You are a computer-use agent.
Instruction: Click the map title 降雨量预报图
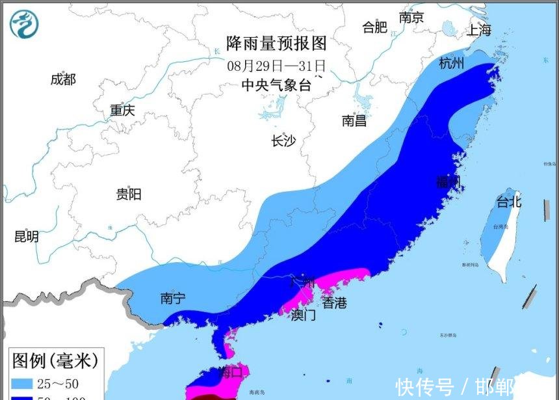(x=276, y=44)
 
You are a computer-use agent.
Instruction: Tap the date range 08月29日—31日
(x=276, y=66)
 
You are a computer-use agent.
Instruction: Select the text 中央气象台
(x=276, y=84)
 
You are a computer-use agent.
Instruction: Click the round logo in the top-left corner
(x=24, y=24)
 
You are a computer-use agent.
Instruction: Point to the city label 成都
(x=63, y=79)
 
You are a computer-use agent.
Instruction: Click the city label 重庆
(x=122, y=111)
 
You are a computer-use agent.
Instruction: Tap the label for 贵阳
(x=128, y=194)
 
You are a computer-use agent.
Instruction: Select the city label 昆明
(x=26, y=237)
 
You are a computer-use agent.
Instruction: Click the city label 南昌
(x=354, y=120)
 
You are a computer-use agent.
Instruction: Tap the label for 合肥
(x=375, y=27)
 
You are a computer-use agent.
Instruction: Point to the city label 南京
(x=411, y=18)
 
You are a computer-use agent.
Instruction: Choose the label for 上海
(x=479, y=30)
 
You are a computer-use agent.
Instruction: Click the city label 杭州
(x=452, y=63)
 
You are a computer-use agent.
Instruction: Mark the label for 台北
(x=509, y=202)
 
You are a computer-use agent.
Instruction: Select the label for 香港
(x=335, y=302)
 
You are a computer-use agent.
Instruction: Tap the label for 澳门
(x=303, y=315)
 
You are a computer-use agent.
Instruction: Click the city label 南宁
(x=173, y=299)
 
